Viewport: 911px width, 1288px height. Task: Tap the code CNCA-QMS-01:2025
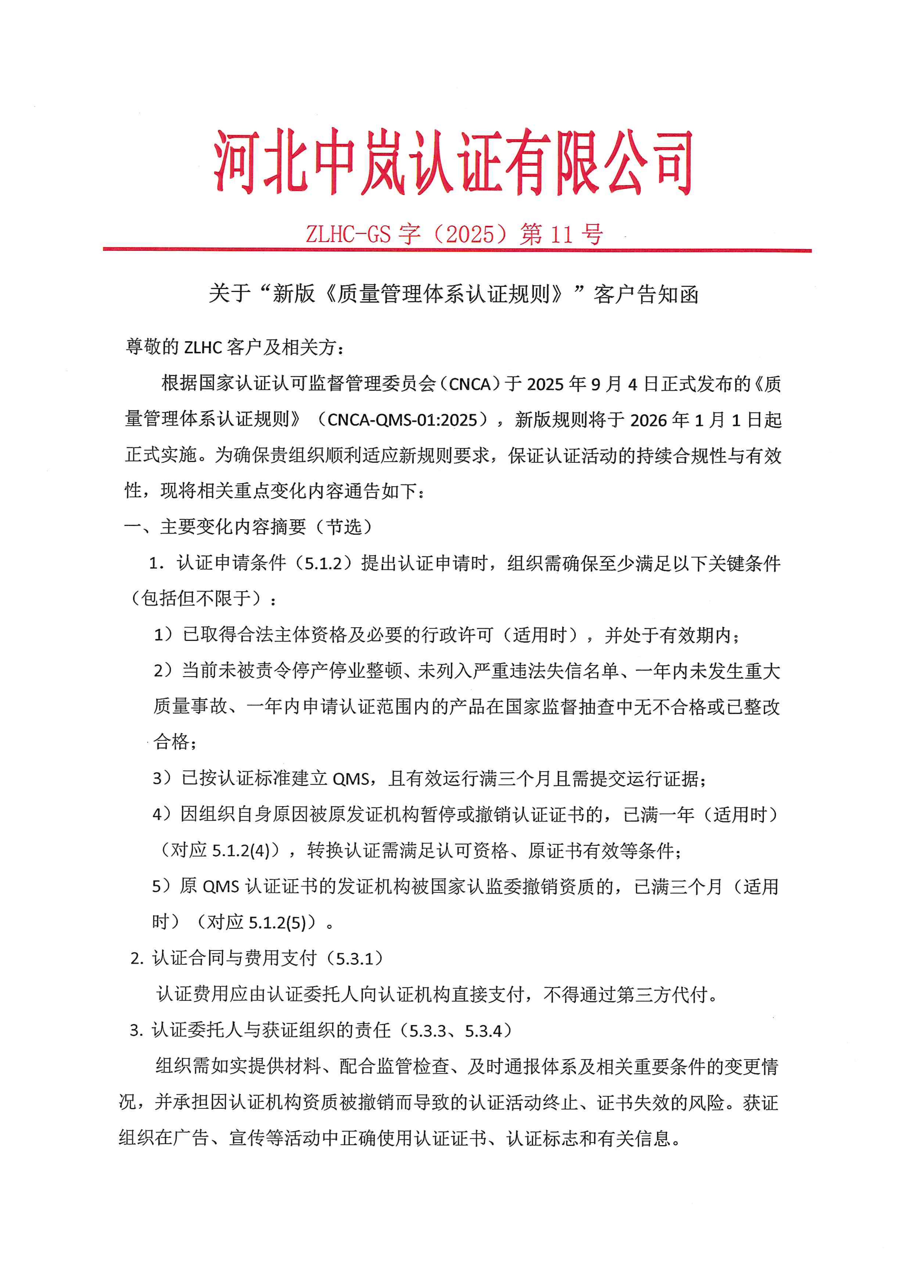(402, 420)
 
